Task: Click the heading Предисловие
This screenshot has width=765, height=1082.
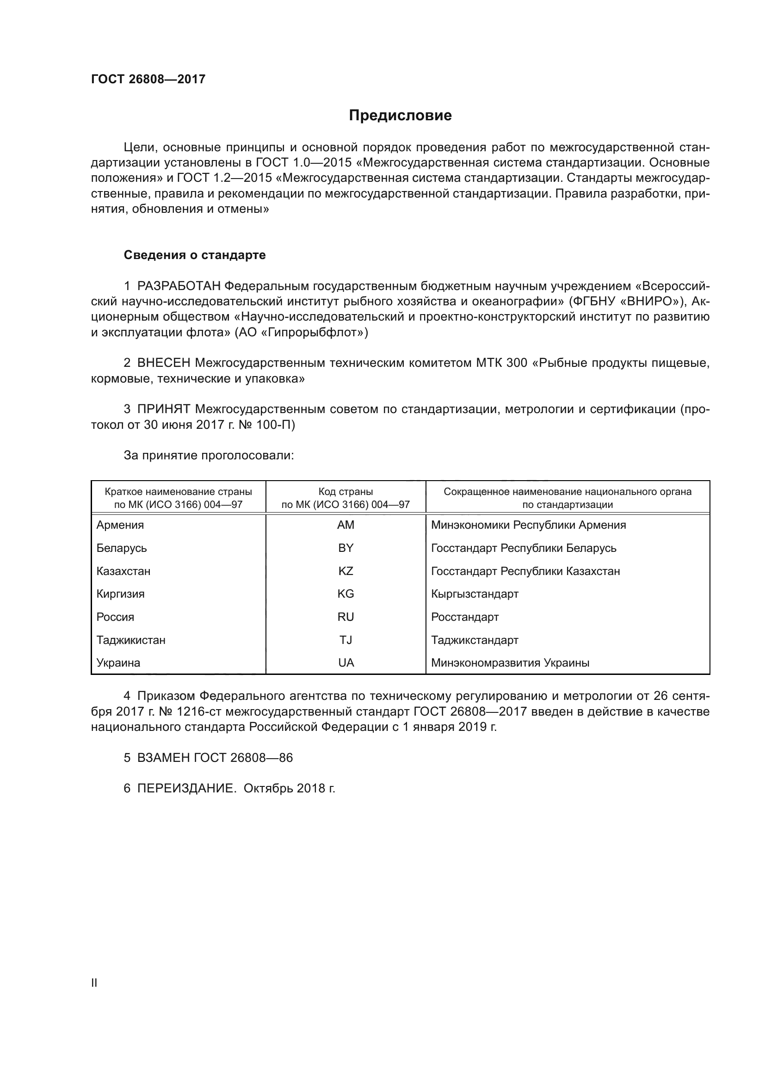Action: pyautogui.click(x=400, y=116)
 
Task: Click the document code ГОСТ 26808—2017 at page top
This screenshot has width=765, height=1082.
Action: pyautogui.click(x=148, y=79)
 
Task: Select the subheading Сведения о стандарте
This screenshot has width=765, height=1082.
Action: pyautogui.click(x=195, y=255)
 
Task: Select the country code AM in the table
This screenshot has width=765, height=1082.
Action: pyautogui.click(x=345, y=525)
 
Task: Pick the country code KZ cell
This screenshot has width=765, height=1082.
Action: pyautogui.click(x=345, y=571)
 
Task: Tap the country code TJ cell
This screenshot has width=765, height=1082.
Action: pyautogui.click(x=345, y=640)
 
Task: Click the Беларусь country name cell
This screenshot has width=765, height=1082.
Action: pyautogui.click(x=122, y=548)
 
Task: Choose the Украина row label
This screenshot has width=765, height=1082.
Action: pyautogui.click(x=118, y=663)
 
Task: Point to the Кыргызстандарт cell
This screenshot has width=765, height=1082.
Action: pyautogui.click(x=475, y=594)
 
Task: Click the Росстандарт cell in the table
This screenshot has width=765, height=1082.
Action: pyautogui.click(x=464, y=617)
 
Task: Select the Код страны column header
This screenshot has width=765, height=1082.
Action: pyautogui.click(x=345, y=492)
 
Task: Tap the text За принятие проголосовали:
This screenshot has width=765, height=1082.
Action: pyautogui.click(x=209, y=455)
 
